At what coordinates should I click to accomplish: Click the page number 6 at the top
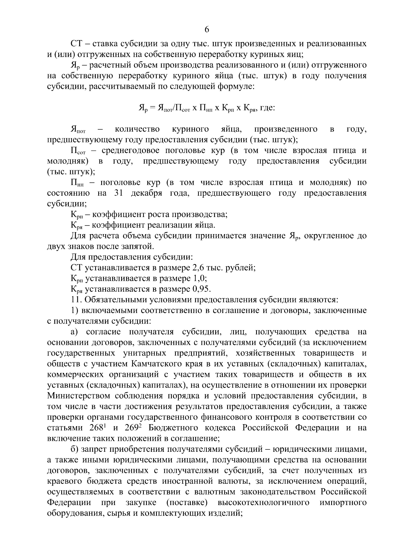[207, 30]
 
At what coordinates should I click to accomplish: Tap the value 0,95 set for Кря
[201, 289]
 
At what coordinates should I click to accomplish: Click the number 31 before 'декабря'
[118, 193]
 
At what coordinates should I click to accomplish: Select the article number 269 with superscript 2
[133, 428]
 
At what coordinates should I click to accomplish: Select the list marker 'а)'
[75, 332]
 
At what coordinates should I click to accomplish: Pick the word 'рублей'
[241, 268]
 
